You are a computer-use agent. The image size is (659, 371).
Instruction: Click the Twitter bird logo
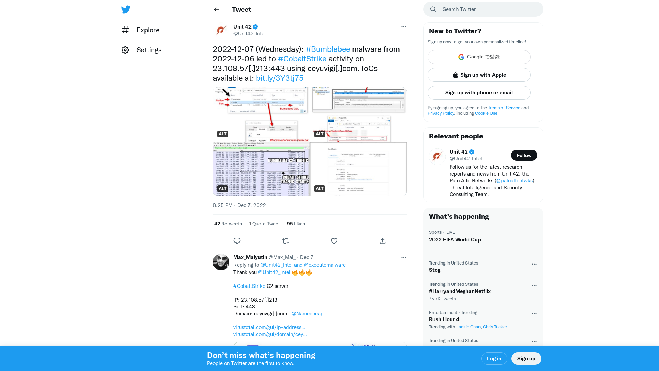point(126,10)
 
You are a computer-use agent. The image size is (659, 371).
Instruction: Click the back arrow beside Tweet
point(216,9)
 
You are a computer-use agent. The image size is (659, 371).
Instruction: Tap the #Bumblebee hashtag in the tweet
point(328,49)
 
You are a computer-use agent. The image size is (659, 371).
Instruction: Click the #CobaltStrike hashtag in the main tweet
point(302,59)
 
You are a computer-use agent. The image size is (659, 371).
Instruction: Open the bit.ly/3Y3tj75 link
point(279,78)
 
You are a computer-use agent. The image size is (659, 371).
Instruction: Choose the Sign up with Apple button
point(479,75)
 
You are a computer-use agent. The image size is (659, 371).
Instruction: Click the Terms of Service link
point(504,108)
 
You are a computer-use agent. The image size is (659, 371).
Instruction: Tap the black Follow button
point(524,155)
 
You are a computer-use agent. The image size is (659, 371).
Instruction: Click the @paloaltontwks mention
point(514,181)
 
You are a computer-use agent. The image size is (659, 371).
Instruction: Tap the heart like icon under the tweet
point(334,241)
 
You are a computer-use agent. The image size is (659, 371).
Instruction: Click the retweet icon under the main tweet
point(285,241)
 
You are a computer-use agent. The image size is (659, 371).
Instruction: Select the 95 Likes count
point(296,224)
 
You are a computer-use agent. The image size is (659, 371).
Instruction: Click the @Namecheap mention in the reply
point(307,314)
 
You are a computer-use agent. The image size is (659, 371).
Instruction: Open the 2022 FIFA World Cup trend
point(454,240)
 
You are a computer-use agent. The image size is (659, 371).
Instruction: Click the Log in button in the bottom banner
point(494,359)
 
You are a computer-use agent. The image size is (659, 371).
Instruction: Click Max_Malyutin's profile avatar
point(221,262)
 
